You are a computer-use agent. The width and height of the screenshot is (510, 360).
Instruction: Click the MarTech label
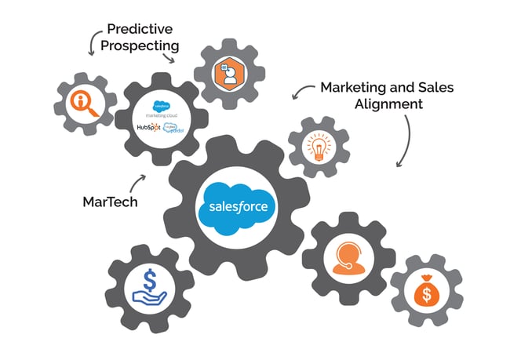click(110, 202)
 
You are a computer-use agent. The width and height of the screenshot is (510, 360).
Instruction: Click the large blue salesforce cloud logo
click(238, 207)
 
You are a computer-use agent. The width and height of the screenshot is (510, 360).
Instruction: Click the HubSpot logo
click(148, 127)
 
